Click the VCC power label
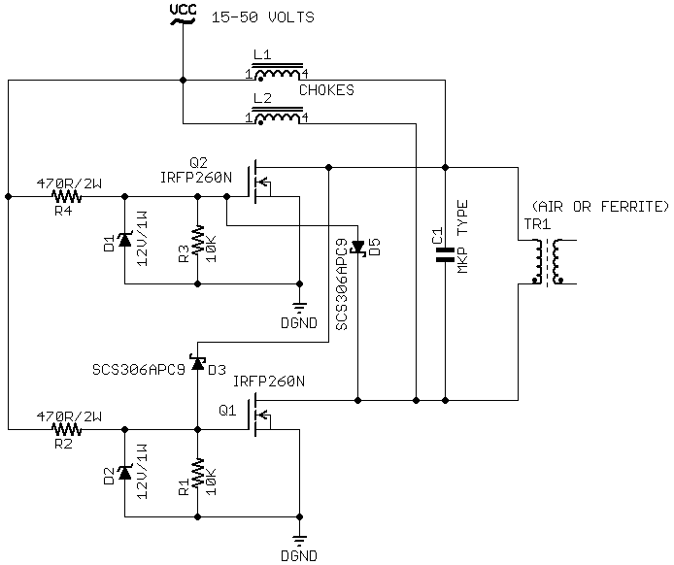coord(182,12)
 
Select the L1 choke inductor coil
coord(278,74)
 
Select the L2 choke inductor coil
coord(278,117)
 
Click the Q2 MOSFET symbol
coord(257,182)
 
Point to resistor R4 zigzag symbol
coord(66,196)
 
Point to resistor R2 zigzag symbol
coord(66,428)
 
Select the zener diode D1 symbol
coord(124,240)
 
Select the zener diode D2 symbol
coord(124,473)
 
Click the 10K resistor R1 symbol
coord(197,473)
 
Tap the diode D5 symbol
coord(357,248)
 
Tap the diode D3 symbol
coord(197,364)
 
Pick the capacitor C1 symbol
coord(445,255)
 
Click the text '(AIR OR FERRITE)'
coord(599,207)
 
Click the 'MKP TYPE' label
coord(464,236)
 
